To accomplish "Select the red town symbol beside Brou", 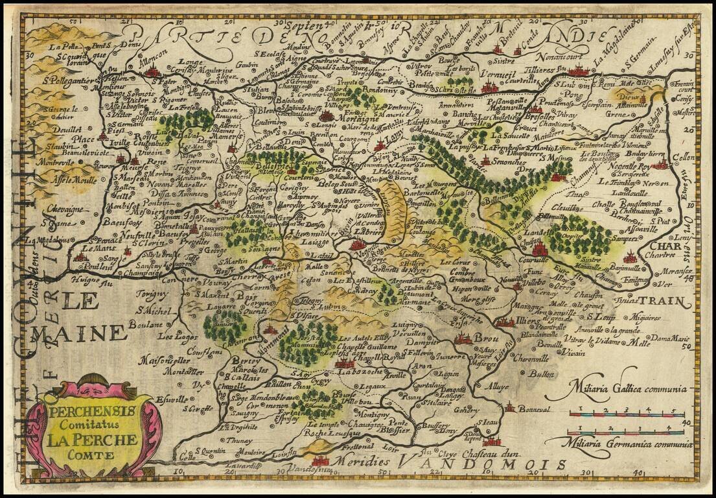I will [463, 337].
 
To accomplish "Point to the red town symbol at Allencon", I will [153, 71].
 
